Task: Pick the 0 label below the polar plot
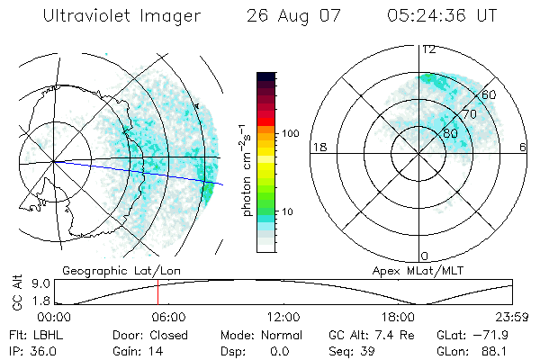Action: point(424,256)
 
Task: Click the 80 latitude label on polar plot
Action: point(451,133)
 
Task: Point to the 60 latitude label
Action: point(490,94)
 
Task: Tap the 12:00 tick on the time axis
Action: point(283,318)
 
